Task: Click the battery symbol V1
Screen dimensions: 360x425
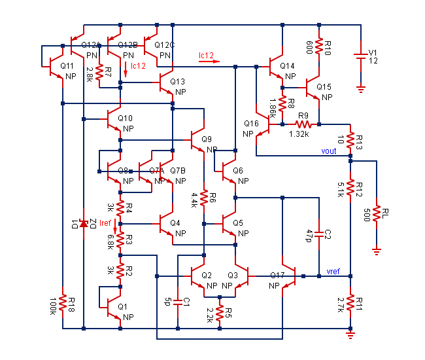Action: [360, 57]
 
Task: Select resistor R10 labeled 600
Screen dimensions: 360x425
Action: [319, 46]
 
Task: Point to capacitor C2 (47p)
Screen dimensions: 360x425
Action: [318, 234]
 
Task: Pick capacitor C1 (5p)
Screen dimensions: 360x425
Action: [177, 302]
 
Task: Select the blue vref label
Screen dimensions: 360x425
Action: [333, 271]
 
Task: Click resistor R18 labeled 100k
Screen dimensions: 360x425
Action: [63, 303]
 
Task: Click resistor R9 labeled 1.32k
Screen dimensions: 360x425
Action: [301, 124]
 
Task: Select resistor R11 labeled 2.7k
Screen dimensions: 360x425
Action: [350, 302]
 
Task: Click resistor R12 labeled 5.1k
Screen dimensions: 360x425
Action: [350, 189]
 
